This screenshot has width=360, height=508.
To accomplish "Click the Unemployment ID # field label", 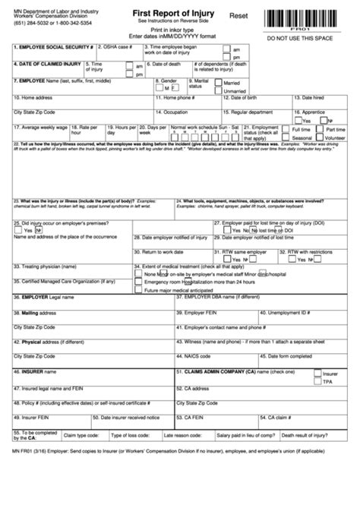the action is coord(292,311).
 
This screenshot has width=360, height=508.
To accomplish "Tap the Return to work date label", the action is coord(162,251).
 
